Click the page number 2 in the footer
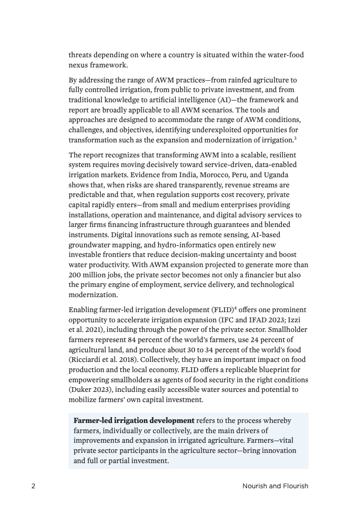pos(33,486)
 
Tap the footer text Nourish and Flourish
pos(275,486)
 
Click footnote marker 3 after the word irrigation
pos(295,139)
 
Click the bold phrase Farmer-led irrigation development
pos(134,420)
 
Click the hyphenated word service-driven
pos(210,165)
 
